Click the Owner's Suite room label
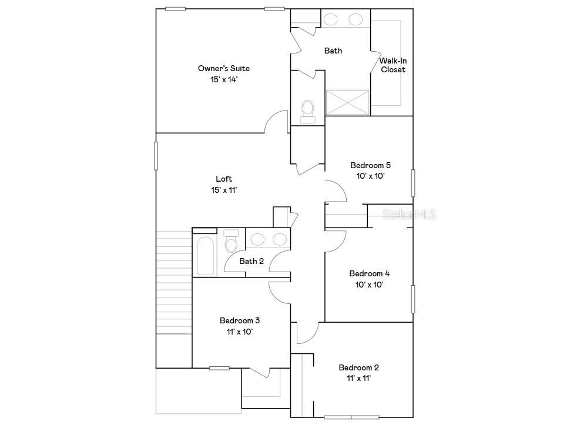[224, 68]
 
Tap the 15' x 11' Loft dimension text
[224, 190]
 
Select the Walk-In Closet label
[393, 65]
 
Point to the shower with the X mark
[347, 102]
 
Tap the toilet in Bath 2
[231, 243]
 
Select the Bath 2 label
[252, 261]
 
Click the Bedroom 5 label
[370, 165]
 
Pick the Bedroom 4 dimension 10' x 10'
[369, 285]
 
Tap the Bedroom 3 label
[240, 320]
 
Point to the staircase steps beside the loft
[173, 282]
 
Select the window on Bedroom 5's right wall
[413, 183]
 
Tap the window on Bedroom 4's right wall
[413, 299]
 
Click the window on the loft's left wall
[156, 156]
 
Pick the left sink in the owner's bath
[331, 19]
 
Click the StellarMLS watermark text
[410, 215]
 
